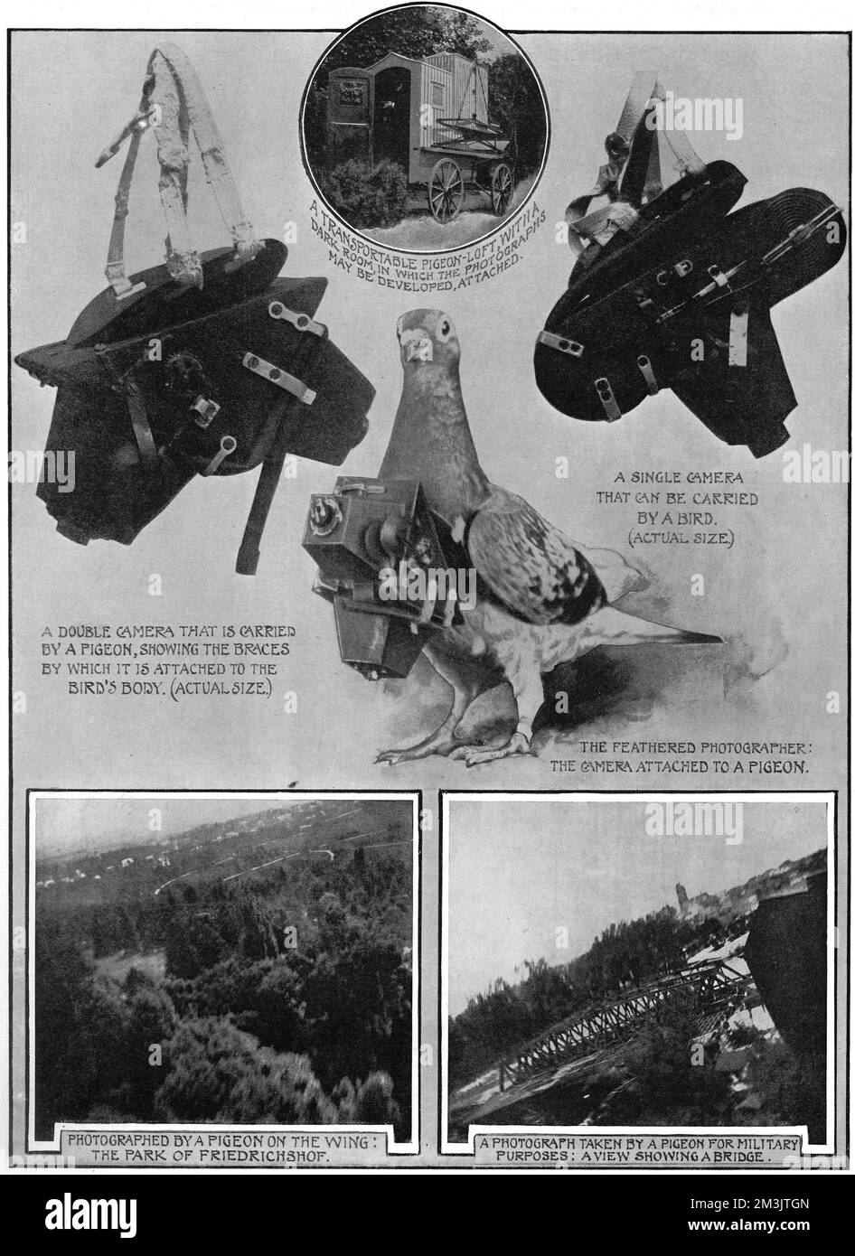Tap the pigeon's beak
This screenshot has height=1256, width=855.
coord(413,350)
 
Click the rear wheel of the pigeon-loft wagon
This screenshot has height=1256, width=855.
coord(446,192)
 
